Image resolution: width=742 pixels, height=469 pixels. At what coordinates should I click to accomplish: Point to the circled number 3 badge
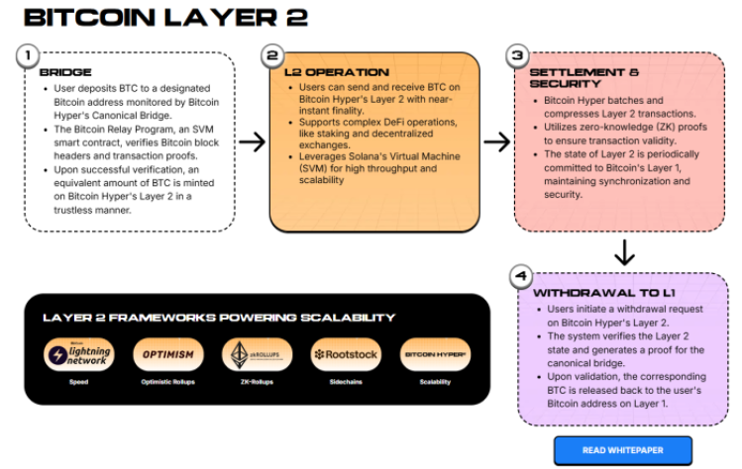click(x=515, y=55)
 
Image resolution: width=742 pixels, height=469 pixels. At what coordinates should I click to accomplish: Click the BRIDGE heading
click(x=65, y=72)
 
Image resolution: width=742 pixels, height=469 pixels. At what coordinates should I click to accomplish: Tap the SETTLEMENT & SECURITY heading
click(x=584, y=78)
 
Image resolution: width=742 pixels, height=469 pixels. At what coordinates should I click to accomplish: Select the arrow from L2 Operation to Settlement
click(x=495, y=141)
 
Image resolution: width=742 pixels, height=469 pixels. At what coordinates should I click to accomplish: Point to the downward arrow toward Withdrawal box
click(x=624, y=252)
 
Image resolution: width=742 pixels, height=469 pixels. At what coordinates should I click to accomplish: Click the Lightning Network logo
click(x=78, y=354)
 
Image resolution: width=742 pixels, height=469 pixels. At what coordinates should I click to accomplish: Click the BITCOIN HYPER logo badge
click(x=435, y=354)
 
